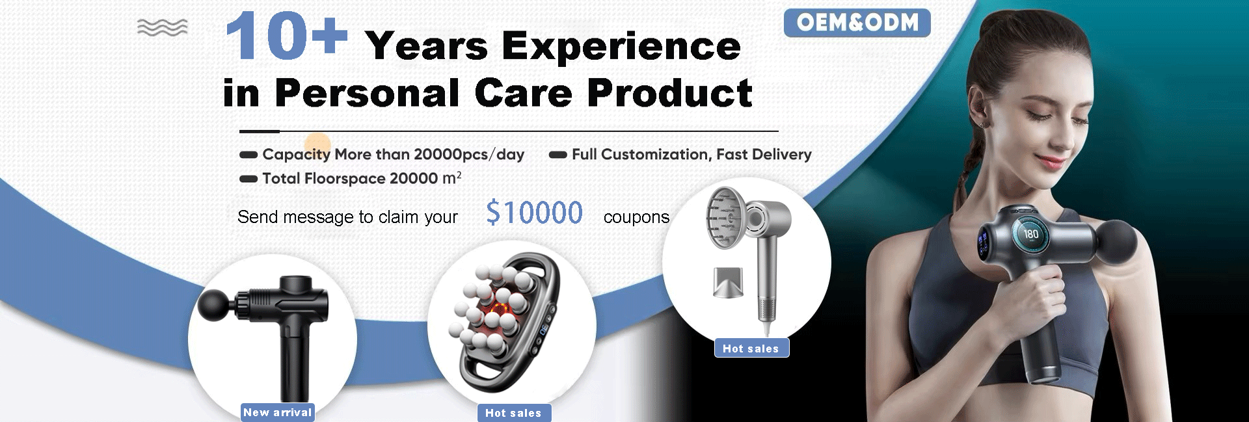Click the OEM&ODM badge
(x=857, y=23)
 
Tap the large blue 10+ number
(x=286, y=36)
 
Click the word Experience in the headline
(x=621, y=47)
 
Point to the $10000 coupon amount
(x=534, y=213)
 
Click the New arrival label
(x=278, y=412)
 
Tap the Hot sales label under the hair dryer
(x=751, y=349)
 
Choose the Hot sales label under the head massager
(x=513, y=413)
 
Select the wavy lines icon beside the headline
(x=163, y=27)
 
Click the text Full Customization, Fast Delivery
(x=692, y=155)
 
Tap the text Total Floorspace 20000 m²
(x=362, y=178)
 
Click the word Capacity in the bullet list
(x=296, y=155)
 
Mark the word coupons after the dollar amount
(x=636, y=217)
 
